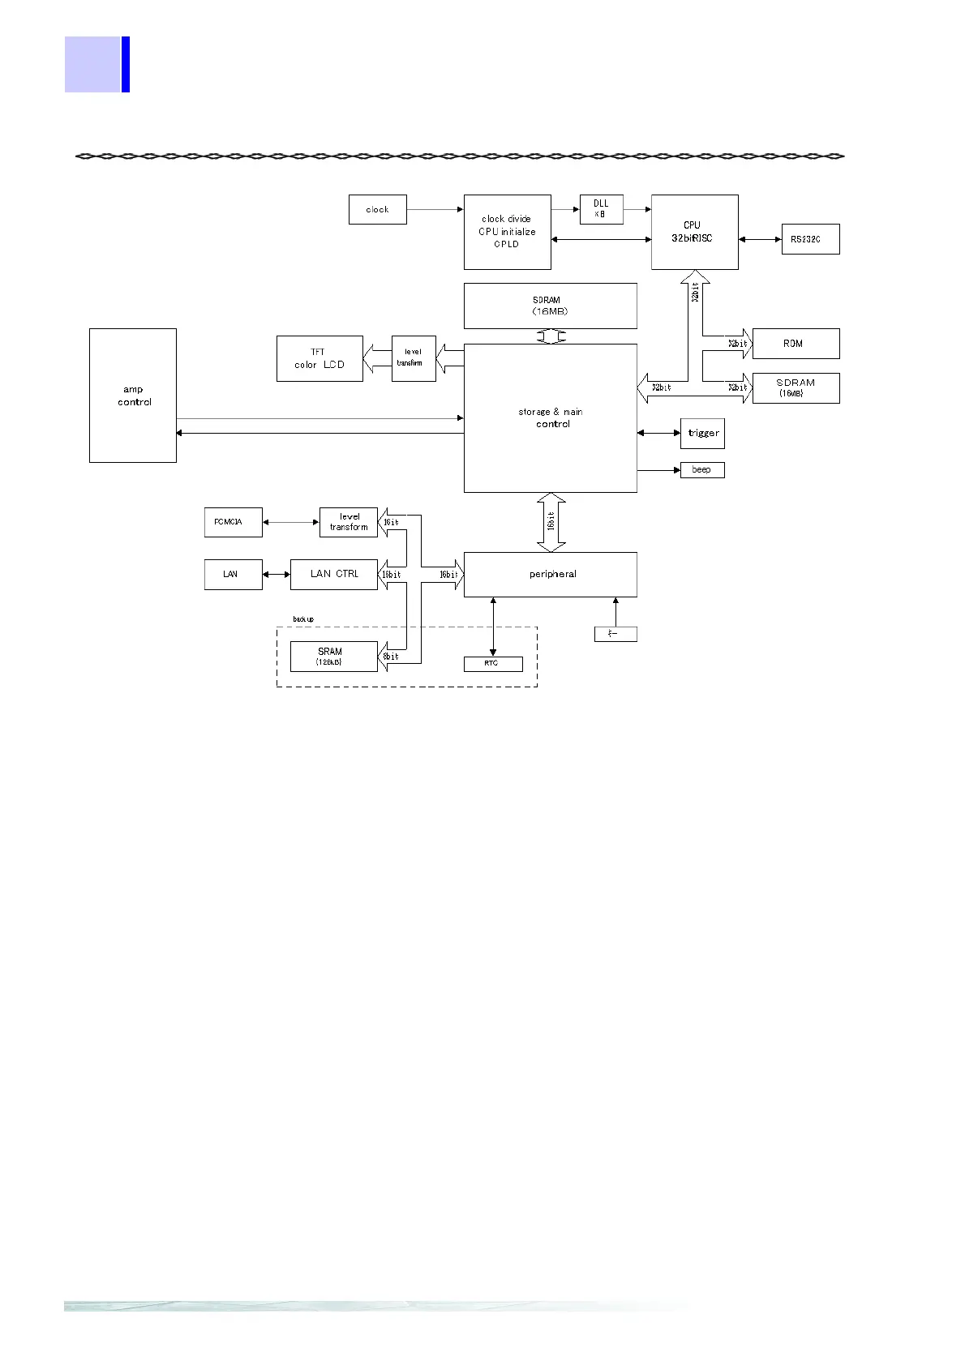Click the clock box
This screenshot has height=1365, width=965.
tap(377, 209)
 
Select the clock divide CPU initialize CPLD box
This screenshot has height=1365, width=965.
tap(507, 232)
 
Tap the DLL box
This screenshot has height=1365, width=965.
tap(601, 209)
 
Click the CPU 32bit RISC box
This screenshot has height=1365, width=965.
tap(694, 232)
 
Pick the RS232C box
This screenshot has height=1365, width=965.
tap(809, 239)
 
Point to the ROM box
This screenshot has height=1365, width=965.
tap(795, 344)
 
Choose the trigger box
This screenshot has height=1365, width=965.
tap(702, 433)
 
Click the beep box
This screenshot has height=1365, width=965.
tap(701, 470)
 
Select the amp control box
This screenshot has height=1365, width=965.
tap(133, 396)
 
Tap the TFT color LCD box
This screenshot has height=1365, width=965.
tap(320, 358)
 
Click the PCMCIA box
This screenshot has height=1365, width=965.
tap(233, 522)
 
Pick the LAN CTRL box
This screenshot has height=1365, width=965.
tap(333, 574)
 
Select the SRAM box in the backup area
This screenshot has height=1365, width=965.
tap(333, 656)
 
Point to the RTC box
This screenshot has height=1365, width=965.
tap(492, 664)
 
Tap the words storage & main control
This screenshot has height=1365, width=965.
tap(551, 417)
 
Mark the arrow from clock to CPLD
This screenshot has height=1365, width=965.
tap(435, 209)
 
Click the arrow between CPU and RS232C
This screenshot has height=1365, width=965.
tap(760, 239)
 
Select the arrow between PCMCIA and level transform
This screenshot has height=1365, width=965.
tap(290, 522)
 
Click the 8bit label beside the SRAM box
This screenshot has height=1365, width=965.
tap(391, 657)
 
